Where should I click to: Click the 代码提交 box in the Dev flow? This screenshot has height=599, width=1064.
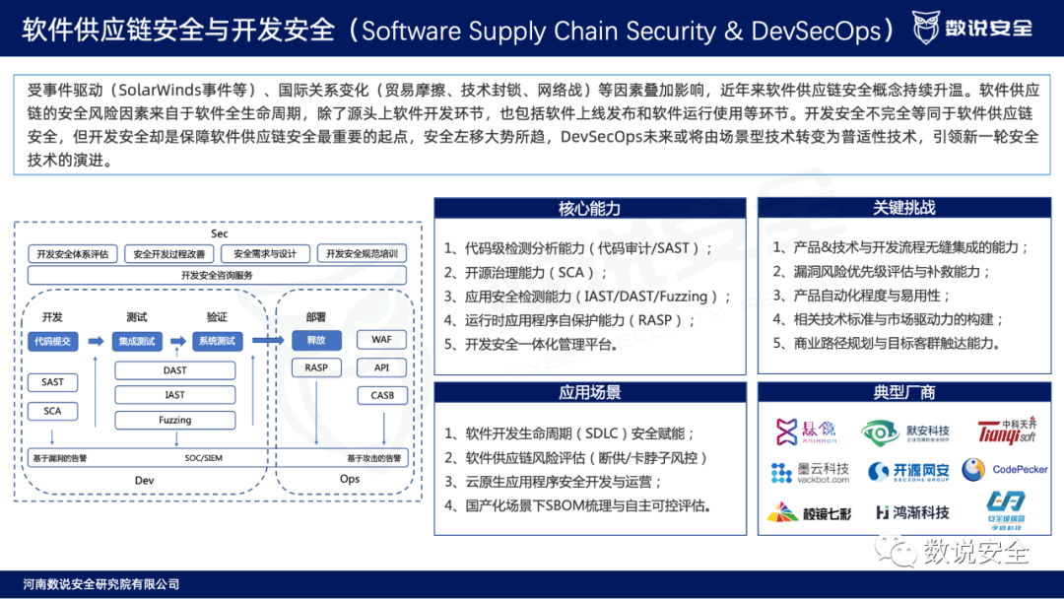[x=53, y=341]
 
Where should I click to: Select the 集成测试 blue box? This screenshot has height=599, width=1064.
[x=136, y=341]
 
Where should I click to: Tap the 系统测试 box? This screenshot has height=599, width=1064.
[x=217, y=341]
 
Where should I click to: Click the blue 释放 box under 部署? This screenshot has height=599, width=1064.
[x=315, y=340]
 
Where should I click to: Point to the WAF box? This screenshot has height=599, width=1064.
[x=382, y=340]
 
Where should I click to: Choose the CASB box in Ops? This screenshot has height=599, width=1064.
[x=382, y=395]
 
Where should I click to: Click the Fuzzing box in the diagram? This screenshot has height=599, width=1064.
[x=175, y=421]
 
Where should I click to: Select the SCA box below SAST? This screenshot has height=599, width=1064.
[x=53, y=411]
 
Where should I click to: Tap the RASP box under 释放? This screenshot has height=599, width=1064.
[x=315, y=367]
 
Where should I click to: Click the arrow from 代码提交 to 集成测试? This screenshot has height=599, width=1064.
[x=96, y=341]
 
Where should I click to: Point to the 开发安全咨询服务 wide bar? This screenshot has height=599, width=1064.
[x=217, y=276]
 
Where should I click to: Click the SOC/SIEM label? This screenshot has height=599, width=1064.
[x=203, y=458]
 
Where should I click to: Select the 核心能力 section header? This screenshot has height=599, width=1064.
[x=589, y=209]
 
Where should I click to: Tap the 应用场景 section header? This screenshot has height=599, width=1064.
[x=589, y=393]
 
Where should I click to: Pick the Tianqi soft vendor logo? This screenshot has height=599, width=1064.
[x=1007, y=431]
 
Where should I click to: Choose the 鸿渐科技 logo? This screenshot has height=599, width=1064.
[x=912, y=512]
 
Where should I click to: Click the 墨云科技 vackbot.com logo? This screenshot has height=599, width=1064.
[x=810, y=472]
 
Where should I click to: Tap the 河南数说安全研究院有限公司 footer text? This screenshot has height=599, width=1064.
[x=101, y=584]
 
